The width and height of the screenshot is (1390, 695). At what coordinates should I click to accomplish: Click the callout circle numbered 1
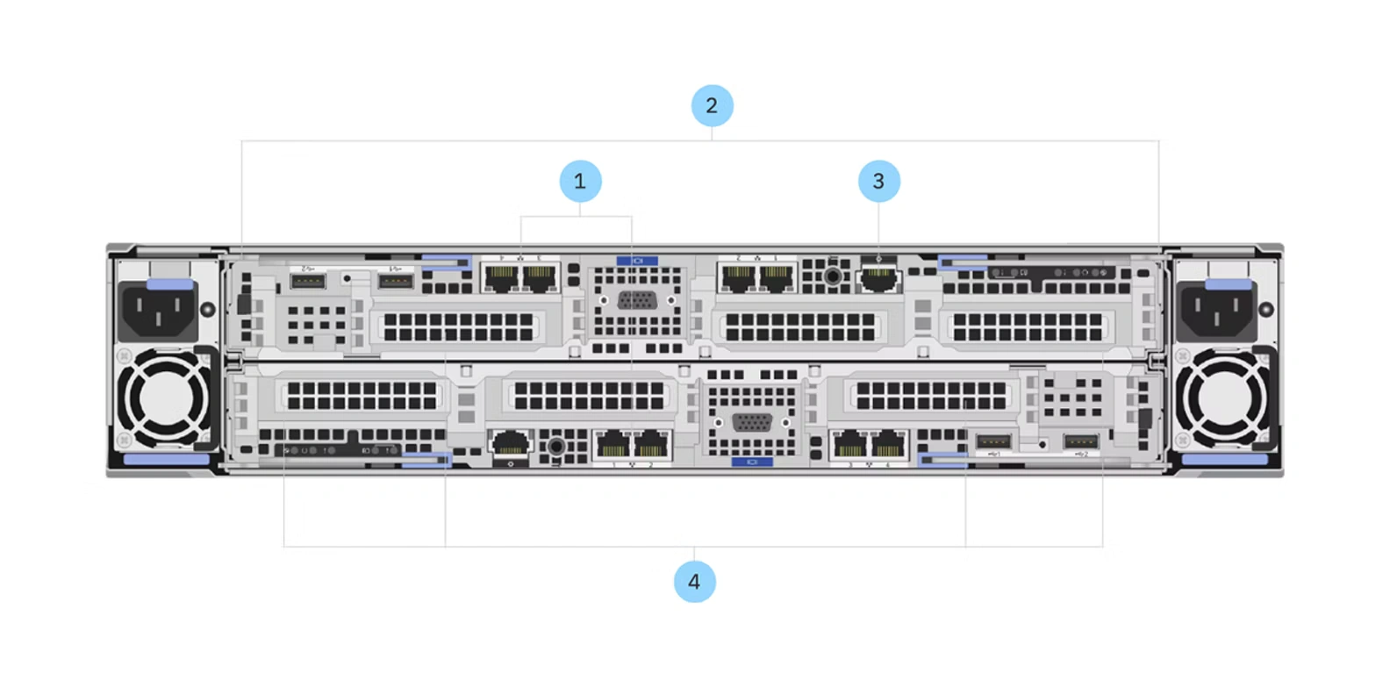click(x=580, y=181)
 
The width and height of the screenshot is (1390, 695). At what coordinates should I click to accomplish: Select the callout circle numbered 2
click(x=712, y=105)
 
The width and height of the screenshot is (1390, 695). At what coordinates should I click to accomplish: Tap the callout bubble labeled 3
click(x=878, y=181)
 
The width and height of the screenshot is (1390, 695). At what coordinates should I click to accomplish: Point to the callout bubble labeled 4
click(x=694, y=581)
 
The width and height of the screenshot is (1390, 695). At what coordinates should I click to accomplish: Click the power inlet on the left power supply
click(x=159, y=312)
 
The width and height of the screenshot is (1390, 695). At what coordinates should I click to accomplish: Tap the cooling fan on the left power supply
click(x=163, y=398)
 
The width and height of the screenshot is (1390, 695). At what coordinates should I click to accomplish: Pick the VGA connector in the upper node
click(x=637, y=300)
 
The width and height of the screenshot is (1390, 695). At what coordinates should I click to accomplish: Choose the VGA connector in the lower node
click(x=752, y=422)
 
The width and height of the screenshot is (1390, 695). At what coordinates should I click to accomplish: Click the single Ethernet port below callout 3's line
click(x=878, y=279)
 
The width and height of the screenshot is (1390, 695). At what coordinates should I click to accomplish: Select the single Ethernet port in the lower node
click(x=510, y=443)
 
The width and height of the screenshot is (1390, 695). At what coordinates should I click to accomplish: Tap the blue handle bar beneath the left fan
click(x=167, y=459)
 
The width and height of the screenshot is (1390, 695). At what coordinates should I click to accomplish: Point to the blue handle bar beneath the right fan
click(x=1224, y=459)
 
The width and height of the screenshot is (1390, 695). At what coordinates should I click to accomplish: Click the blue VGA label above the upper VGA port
click(x=637, y=261)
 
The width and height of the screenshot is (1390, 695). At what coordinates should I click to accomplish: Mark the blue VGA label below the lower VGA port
click(x=752, y=462)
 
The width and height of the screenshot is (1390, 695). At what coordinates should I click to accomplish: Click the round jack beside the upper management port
click(x=833, y=277)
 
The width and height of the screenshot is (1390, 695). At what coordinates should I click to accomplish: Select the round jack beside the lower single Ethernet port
click(x=555, y=447)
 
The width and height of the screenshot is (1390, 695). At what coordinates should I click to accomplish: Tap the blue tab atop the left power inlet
click(x=169, y=284)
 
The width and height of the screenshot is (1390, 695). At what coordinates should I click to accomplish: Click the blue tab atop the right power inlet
click(x=1229, y=284)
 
